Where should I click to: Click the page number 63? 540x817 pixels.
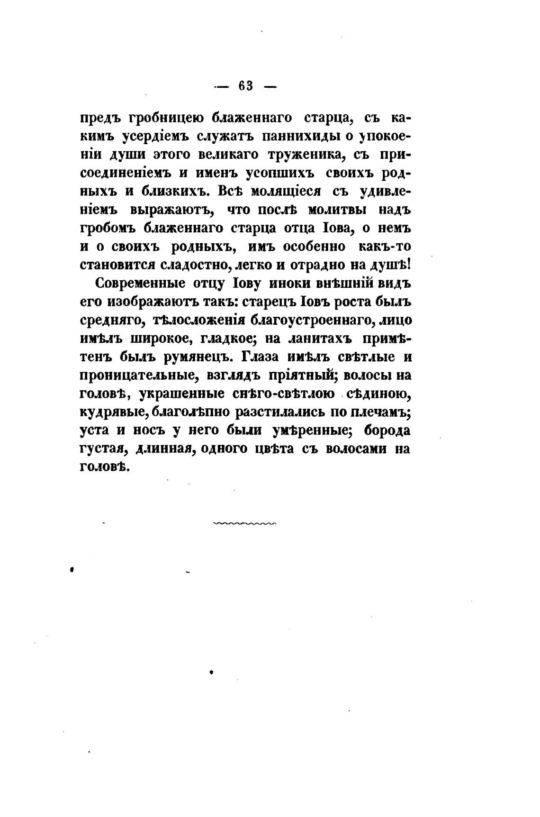click(246, 86)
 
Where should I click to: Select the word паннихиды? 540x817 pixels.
click(300, 136)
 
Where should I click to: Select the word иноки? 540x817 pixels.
click(290, 284)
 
